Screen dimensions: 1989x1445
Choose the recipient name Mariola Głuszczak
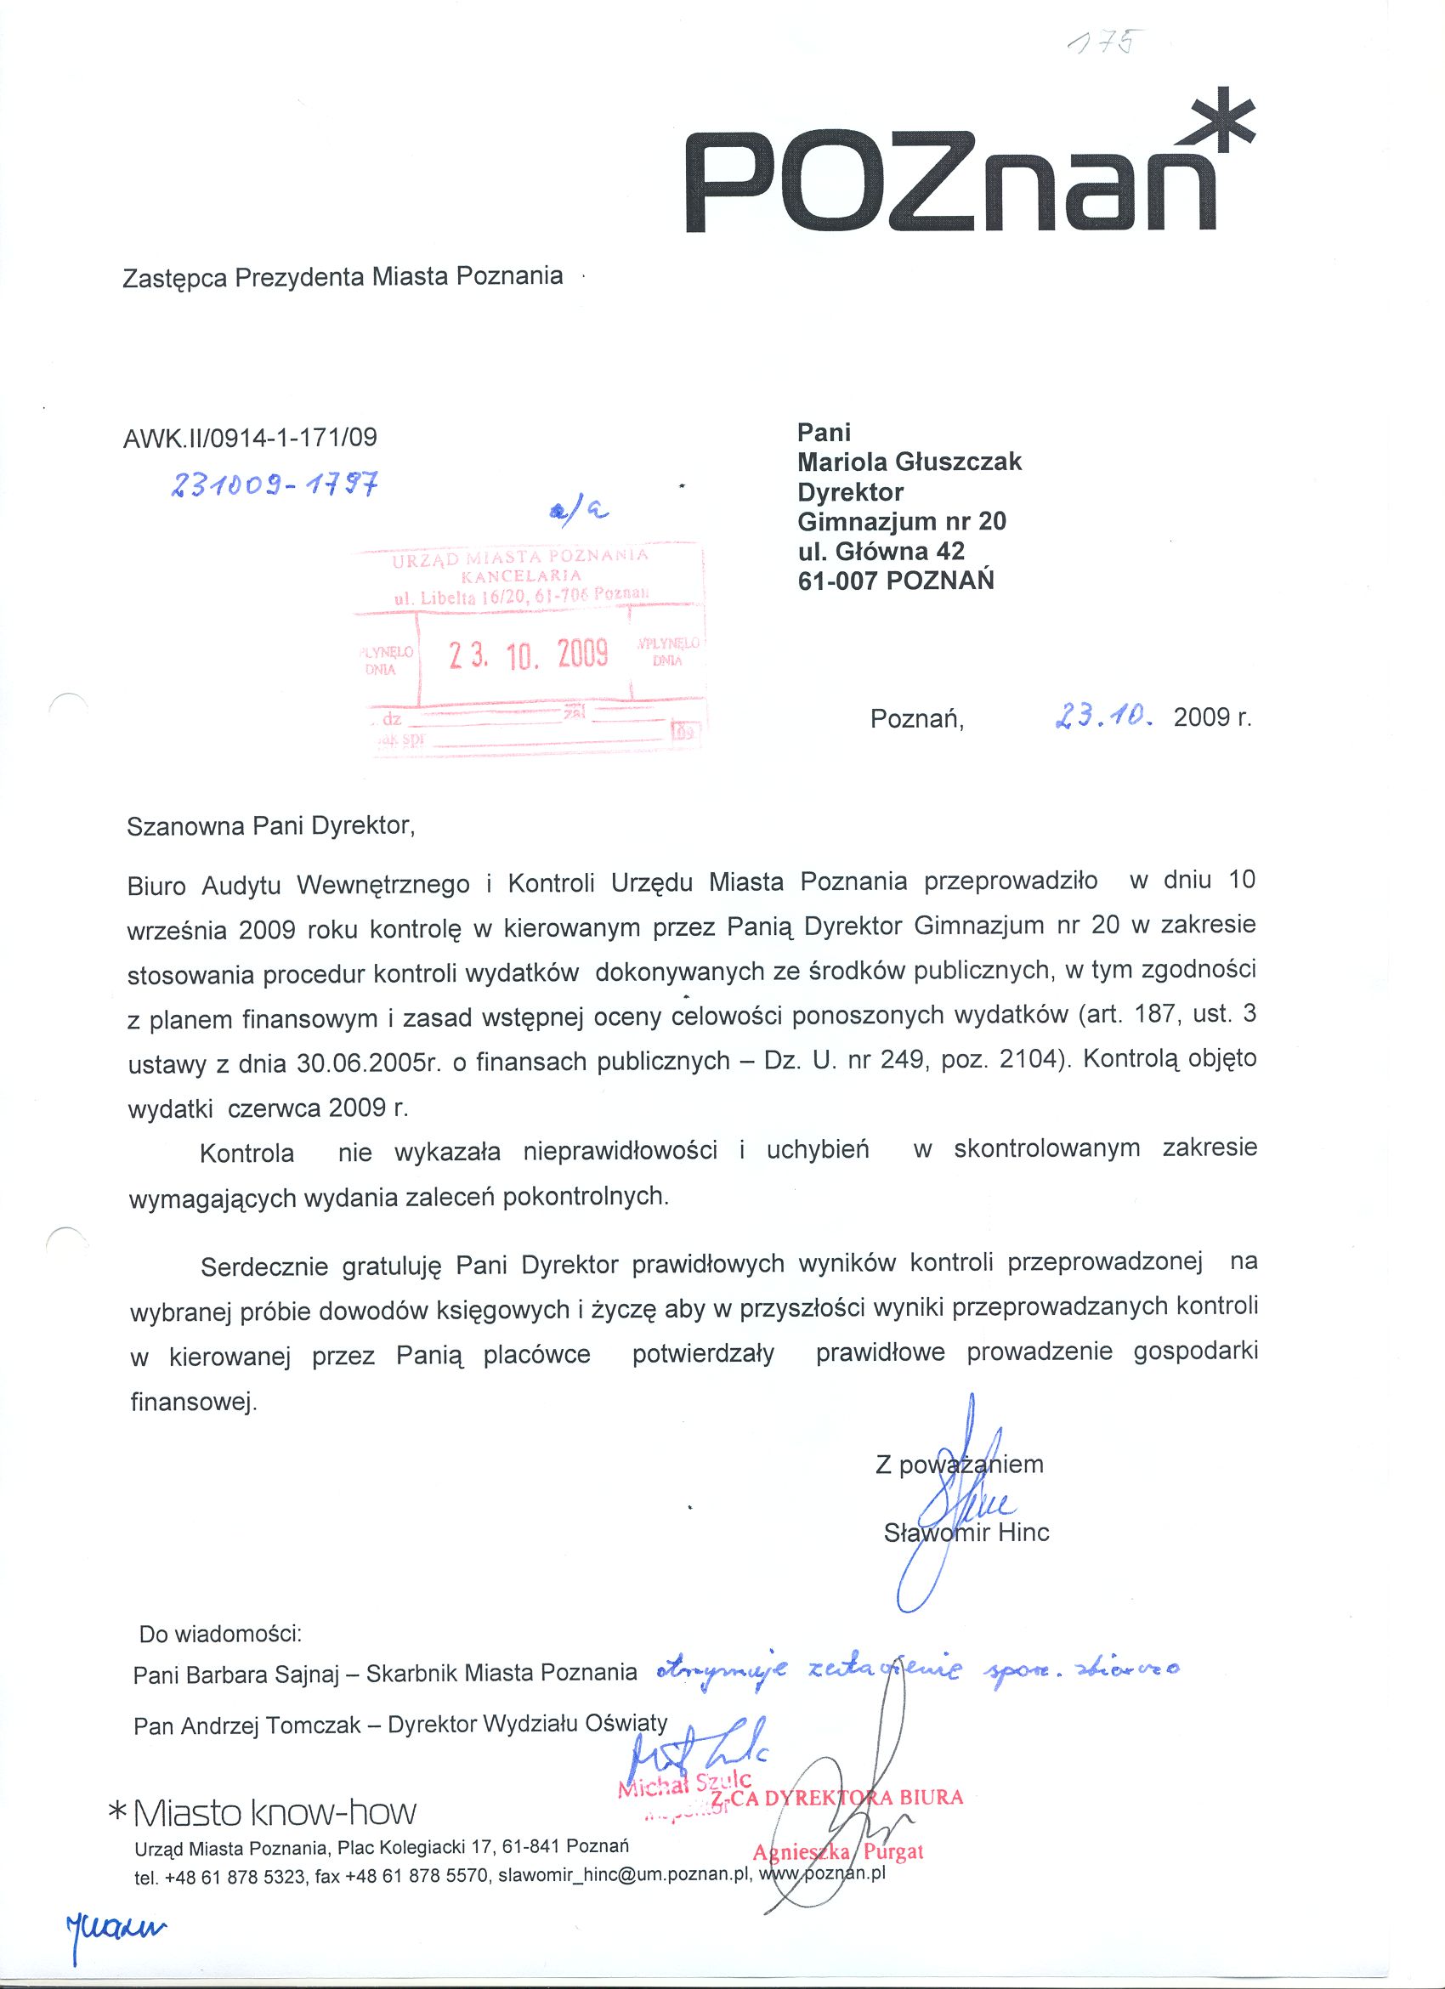909,462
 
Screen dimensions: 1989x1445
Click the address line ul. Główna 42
881,551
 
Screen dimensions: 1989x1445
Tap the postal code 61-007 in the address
839,581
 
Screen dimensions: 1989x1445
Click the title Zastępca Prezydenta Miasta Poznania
343,277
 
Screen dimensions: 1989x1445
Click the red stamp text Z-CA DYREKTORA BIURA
837,1798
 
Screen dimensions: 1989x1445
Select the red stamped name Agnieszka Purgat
837,1852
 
